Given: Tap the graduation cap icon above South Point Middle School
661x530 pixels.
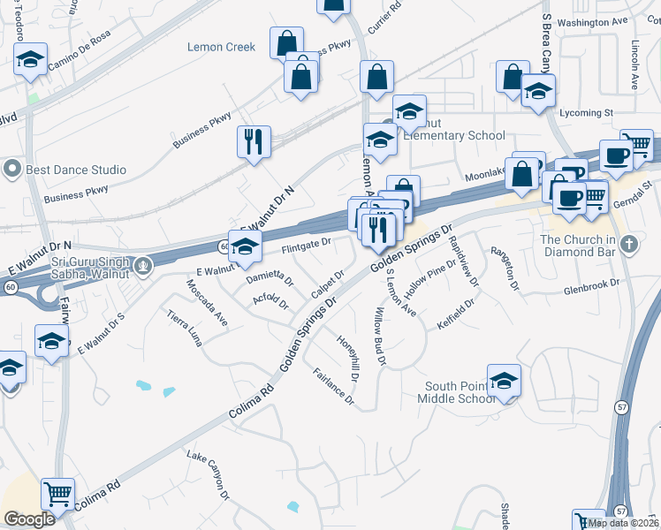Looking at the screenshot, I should tap(504, 380).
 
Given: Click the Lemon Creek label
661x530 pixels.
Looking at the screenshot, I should tap(221, 47).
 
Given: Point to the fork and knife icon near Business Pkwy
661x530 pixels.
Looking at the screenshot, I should tap(254, 140).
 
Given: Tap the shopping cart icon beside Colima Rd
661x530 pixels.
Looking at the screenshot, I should tap(57, 495).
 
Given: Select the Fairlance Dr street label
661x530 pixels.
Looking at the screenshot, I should tap(334, 388).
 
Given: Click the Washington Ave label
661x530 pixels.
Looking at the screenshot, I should tap(592, 22).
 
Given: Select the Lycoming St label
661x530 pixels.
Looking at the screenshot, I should tap(588, 113).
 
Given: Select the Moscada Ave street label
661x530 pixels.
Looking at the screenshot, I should tap(206, 303).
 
